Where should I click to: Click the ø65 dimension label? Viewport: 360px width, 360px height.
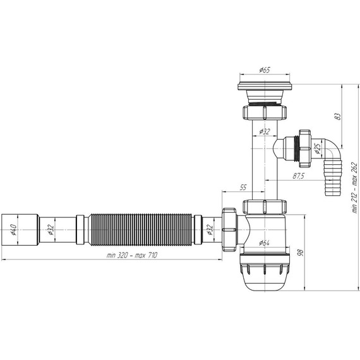click(x=265, y=70)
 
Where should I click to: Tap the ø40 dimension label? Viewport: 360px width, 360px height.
click(x=13, y=230)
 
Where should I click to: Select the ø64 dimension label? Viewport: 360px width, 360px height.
click(x=264, y=243)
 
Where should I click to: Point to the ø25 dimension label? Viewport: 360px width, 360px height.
click(x=318, y=148)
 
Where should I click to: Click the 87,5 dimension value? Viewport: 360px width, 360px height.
click(x=299, y=176)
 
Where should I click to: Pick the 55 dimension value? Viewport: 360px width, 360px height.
click(x=243, y=188)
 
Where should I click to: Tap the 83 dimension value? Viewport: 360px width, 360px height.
click(x=338, y=116)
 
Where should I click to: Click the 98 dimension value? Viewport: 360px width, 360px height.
click(x=300, y=253)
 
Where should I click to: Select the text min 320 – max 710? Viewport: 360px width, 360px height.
click(x=132, y=255)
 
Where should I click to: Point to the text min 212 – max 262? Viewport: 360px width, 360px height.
click(x=355, y=188)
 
